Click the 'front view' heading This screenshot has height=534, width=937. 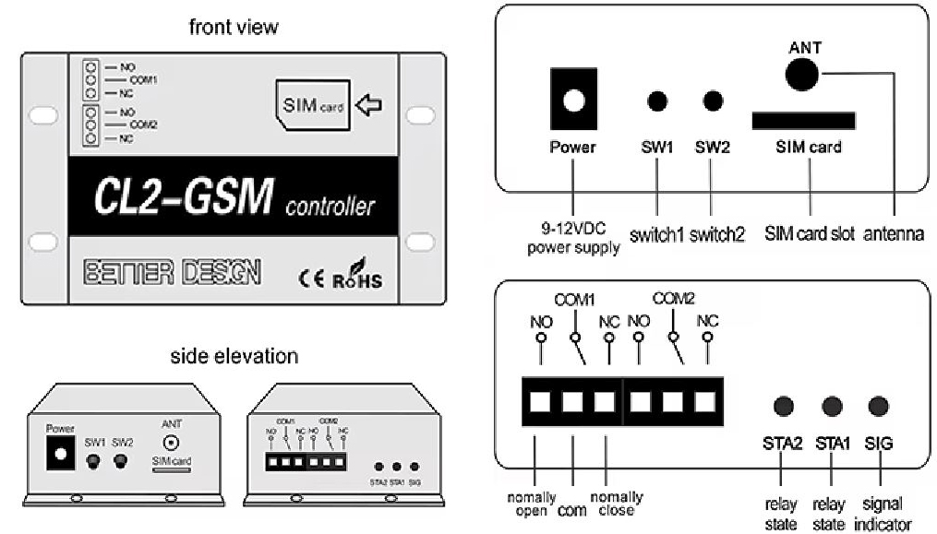233,27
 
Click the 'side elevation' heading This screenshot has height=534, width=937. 234,356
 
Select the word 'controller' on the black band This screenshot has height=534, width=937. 330,206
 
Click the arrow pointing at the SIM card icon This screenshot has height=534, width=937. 368,105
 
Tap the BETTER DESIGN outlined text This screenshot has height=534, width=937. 172,272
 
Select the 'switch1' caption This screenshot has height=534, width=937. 656,234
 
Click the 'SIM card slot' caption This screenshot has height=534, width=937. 810,234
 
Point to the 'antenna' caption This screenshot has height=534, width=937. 894,234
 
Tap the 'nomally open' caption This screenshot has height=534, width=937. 532,504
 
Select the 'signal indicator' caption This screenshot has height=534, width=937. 880,514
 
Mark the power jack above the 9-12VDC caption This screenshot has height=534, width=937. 572,101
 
